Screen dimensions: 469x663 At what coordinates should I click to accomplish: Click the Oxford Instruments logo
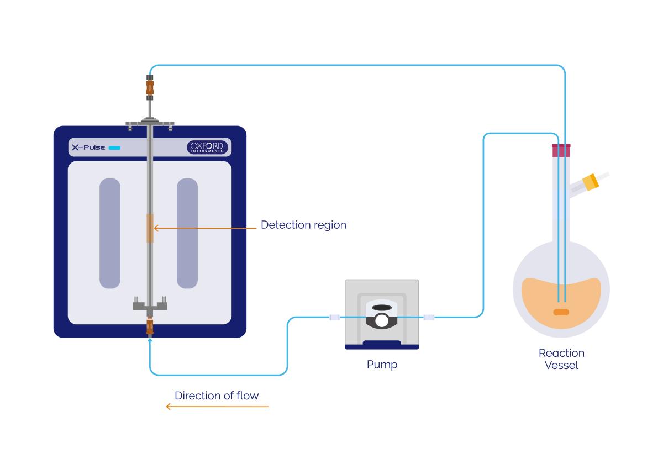(207, 147)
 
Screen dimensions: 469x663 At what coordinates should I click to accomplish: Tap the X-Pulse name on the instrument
(88, 147)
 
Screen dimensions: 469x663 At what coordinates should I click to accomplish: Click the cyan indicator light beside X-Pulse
(114, 147)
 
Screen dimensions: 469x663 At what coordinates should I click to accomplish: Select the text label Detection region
(303, 225)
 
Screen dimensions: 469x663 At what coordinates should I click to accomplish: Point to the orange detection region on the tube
(149, 228)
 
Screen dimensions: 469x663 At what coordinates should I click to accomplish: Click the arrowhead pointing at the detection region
(156, 228)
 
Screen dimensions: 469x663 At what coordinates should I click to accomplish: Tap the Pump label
(382, 365)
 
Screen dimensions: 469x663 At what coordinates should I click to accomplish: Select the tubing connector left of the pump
(334, 317)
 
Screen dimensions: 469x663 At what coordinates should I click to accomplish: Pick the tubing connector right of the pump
(429, 317)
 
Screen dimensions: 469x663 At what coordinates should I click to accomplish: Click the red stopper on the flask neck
(561, 149)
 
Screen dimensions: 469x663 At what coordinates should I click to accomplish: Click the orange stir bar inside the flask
(561, 312)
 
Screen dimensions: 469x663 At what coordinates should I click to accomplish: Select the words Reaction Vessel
(561, 359)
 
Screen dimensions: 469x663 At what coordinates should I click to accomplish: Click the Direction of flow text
(217, 396)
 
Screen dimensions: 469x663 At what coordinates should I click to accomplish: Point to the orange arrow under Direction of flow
(217, 407)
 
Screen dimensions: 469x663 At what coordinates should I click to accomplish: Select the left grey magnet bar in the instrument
(110, 233)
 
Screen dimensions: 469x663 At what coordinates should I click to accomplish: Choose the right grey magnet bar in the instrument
(187, 233)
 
